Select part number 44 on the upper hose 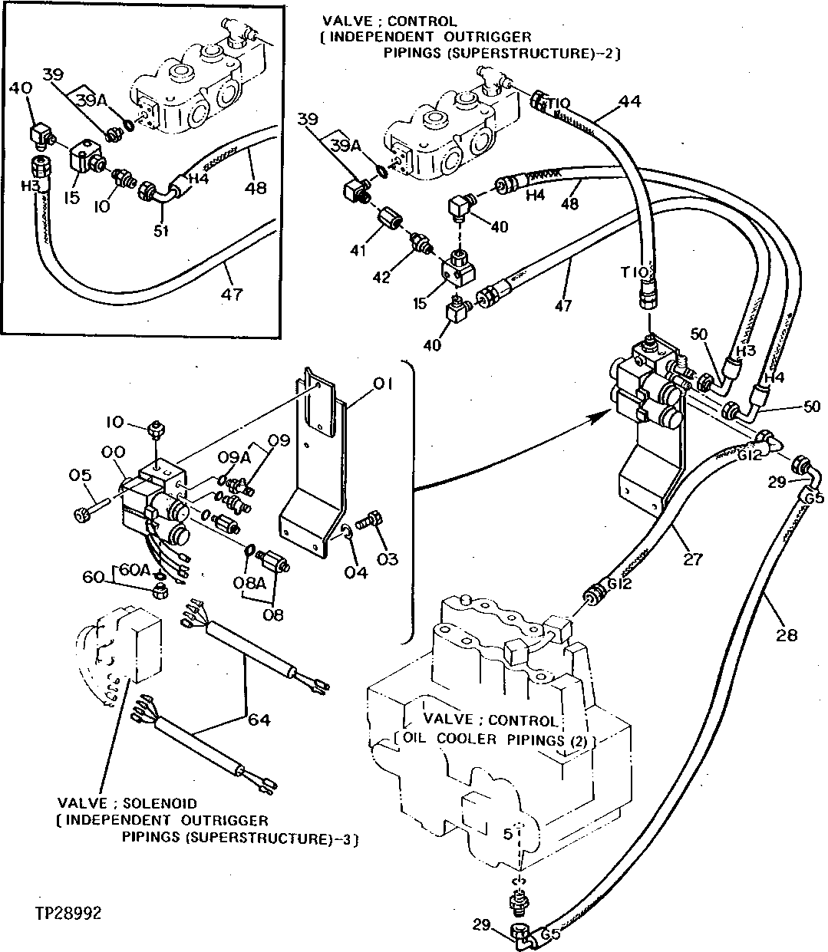point(629,100)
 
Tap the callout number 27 point(692,559)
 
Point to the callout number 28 point(786,634)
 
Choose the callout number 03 point(388,559)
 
